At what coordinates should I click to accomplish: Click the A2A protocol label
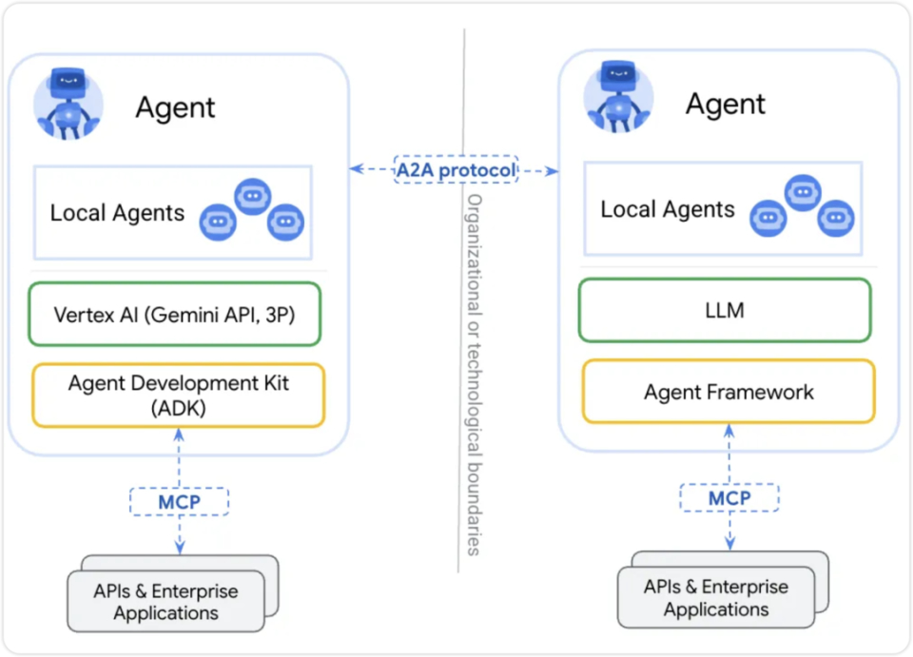coord(456,170)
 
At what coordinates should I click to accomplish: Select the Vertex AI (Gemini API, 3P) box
coord(175,315)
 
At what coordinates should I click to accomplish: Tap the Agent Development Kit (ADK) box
coord(178,396)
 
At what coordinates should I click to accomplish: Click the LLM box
coord(725,310)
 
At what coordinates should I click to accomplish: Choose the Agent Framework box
coord(728,392)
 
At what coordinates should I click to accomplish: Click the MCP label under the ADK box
coord(180,502)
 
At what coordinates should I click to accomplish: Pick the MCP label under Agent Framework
coord(729,498)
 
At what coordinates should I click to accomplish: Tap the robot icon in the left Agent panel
coord(68,104)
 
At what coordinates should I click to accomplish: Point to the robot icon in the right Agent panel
coord(618,97)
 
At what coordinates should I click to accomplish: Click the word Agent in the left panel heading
coord(175,107)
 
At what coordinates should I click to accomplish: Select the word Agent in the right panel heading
coord(726,105)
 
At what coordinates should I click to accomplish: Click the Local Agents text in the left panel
coord(117,213)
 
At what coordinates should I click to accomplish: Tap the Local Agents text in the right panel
coord(668,209)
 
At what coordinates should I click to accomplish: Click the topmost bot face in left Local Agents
coord(253,197)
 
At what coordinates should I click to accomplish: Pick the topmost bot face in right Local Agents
coord(803,193)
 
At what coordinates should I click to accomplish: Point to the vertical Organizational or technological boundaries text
coord(475,375)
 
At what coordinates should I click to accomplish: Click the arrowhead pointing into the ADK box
coord(180,435)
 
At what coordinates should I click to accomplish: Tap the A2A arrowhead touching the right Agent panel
coord(552,171)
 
